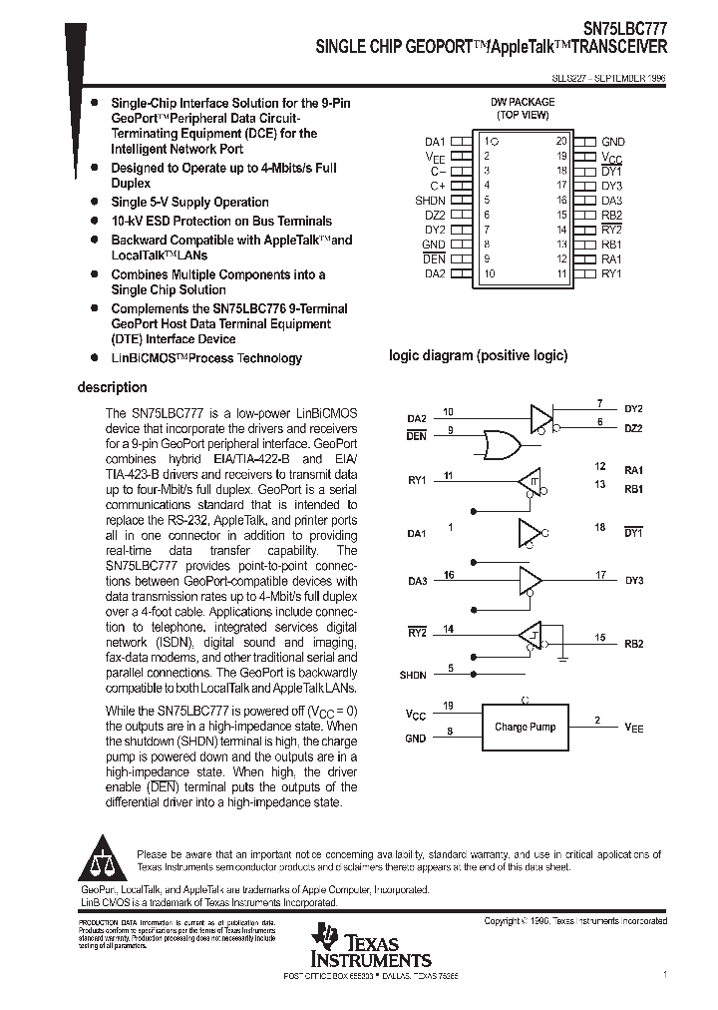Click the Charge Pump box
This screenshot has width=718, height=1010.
(x=526, y=727)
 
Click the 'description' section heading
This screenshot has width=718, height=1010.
(x=112, y=387)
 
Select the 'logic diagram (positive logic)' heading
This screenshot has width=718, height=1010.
(x=478, y=356)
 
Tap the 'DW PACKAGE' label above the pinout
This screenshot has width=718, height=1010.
(x=523, y=103)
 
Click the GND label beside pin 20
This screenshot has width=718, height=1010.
(x=612, y=142)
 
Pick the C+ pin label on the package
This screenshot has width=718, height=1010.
(x=437, y=186)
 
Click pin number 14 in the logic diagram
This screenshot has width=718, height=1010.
(x=449, y=629)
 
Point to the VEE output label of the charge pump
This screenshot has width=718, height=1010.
(x=634, y=728)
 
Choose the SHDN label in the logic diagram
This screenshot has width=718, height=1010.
(x=413, y=675)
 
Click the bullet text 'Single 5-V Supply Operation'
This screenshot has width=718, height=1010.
(x=189, y=203)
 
